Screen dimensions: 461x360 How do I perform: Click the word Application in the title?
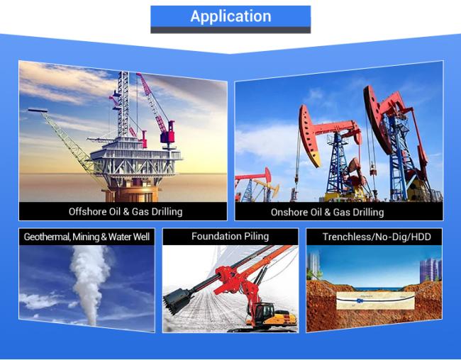pos(230,16)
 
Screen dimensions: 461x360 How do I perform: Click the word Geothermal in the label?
pos(46,237)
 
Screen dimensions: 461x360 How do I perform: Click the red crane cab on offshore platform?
pos(167,135)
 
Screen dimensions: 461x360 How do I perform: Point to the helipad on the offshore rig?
pos(38,111)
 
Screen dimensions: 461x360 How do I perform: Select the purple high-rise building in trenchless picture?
pos(430,270)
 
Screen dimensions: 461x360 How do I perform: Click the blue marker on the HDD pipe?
pos(359,300)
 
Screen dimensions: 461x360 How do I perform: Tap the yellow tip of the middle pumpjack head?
pos(315,159)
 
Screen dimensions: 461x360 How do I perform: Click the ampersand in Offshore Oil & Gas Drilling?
pos(126,212)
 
